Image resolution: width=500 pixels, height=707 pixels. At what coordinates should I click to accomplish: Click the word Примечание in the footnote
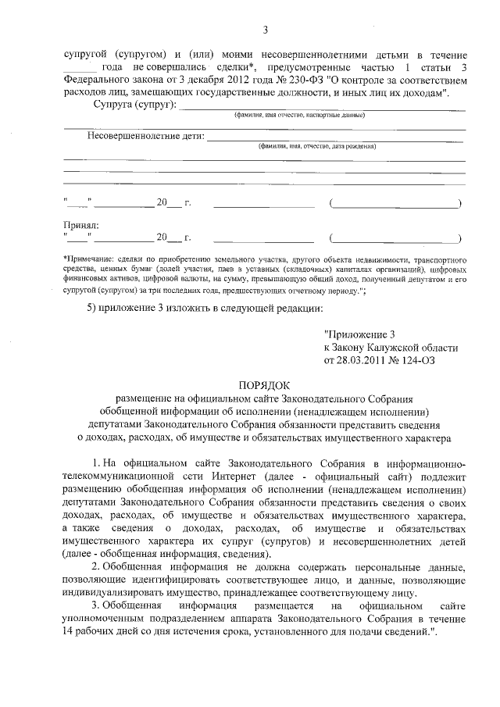pyautogui.click(x=87, y=258)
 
